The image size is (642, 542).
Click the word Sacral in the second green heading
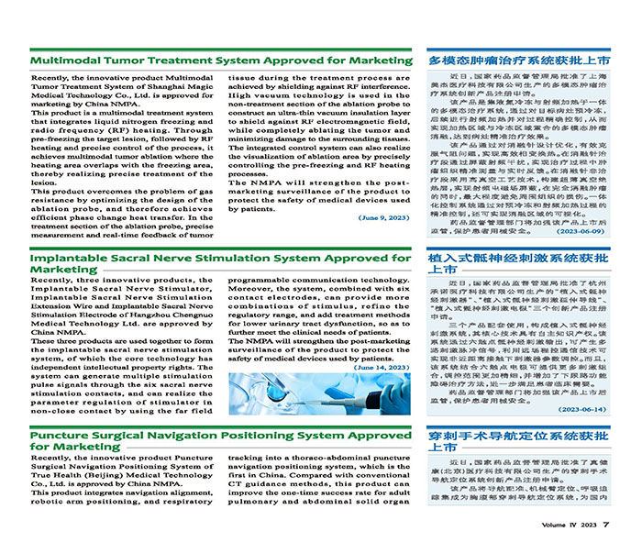133,259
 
